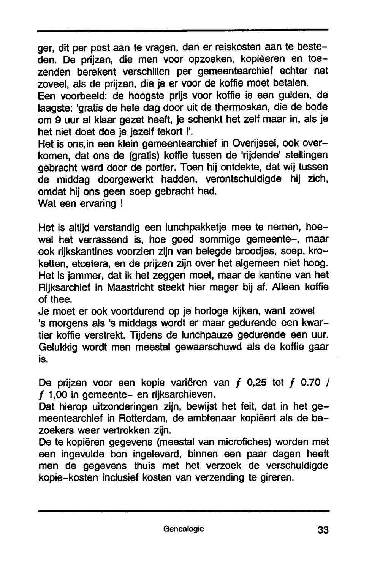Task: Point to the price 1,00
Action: tap(57, 395)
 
